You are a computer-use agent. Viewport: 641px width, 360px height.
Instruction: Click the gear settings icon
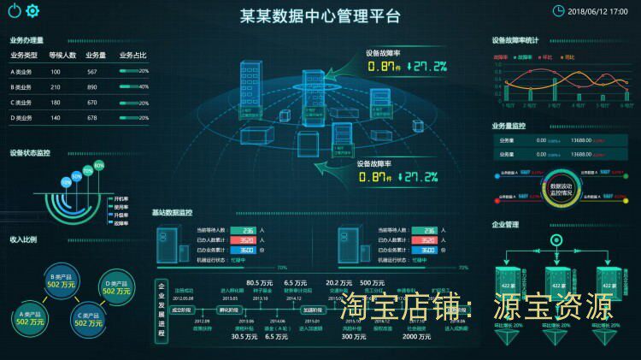click(33, 11)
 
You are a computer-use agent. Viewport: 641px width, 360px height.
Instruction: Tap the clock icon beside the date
click(558, 10)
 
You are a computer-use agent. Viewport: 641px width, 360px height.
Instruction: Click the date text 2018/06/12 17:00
click(598, 11)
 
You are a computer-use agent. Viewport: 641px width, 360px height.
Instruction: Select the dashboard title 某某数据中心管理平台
click(320, 16)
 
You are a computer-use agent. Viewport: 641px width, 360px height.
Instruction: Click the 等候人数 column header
click(62, 56)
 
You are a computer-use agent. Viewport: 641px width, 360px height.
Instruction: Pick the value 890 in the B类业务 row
click(91, 87)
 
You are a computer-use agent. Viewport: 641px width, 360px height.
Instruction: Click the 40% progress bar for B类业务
click(134, 87)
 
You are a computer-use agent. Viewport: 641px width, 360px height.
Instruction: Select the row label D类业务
click(21, 118)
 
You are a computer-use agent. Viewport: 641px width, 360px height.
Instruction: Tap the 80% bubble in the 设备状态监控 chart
click(99, 165)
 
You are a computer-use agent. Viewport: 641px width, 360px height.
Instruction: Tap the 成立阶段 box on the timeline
click(181, 310)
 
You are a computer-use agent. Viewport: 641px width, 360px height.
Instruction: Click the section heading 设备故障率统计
click(515, 39)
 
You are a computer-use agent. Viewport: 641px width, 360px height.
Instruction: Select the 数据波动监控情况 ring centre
click(561, 189)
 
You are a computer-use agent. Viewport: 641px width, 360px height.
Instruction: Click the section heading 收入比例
click(23, 240)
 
